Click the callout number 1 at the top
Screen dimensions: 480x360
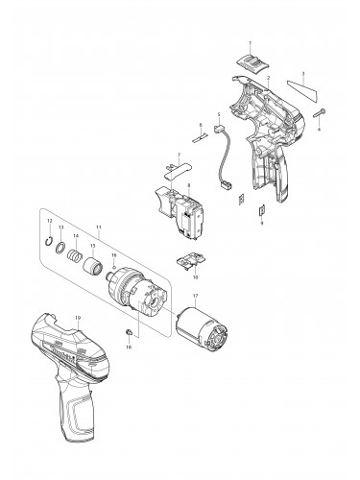[x=250, y=44]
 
